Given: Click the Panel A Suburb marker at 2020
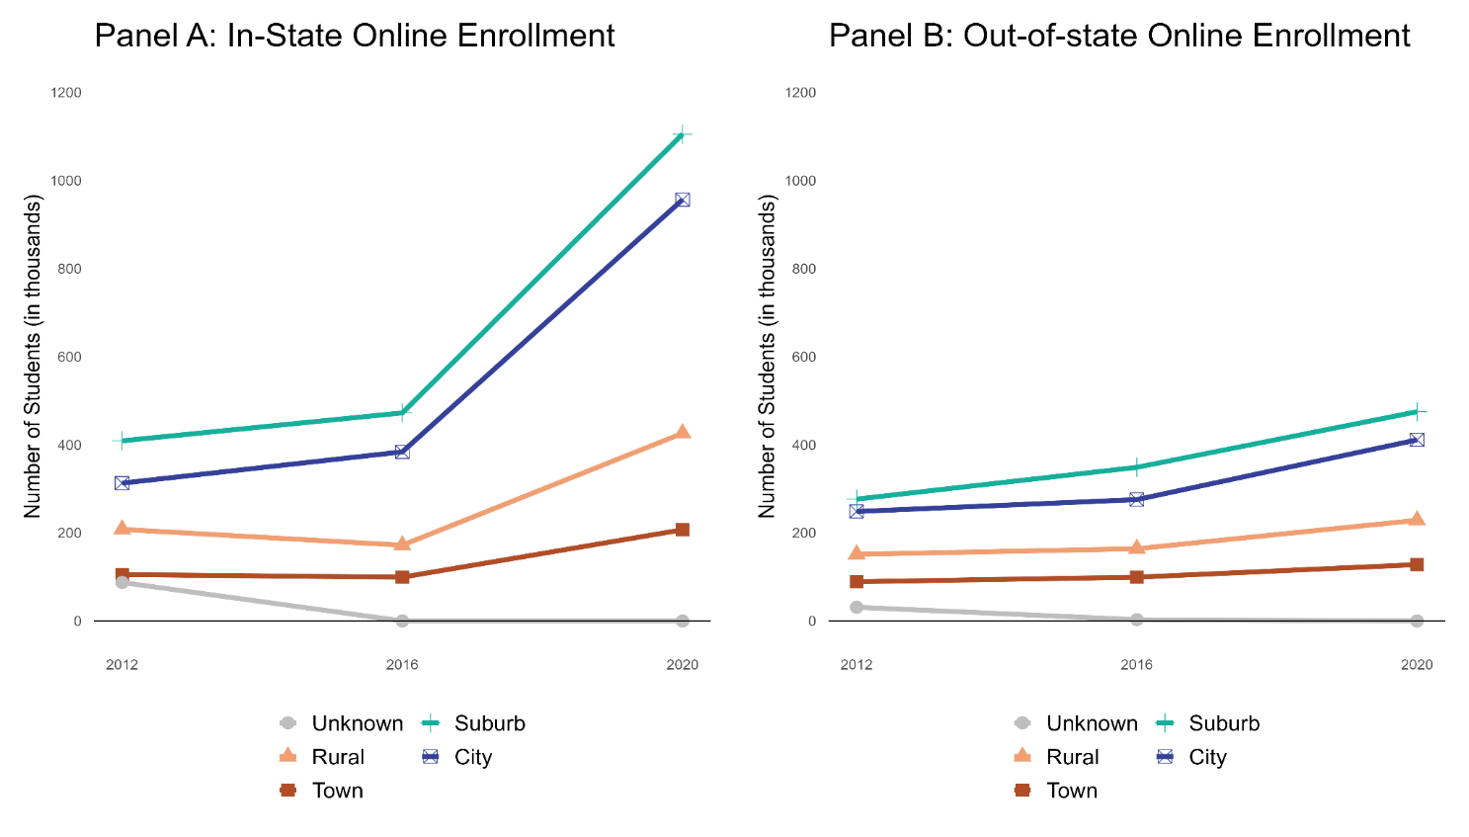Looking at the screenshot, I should pos(682,134).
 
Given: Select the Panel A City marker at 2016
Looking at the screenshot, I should pos(402,452).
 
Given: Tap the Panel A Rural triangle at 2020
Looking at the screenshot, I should pos(682,432).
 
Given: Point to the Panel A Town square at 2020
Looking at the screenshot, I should pos(682,530).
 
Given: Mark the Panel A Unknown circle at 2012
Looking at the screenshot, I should pos(122,582).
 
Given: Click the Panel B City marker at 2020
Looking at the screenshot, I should pos(1416,440).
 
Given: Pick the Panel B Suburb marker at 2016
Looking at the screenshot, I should pos(1136,466).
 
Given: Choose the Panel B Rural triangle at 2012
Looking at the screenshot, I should pos(857,553).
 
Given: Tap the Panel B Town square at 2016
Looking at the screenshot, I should pos(1136,577).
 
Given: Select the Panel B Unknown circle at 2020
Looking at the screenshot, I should pos(1416,621).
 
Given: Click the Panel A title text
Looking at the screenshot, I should pos(355,36).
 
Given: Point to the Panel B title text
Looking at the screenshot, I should pos(1119,36).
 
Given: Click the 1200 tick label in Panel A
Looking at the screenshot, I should pos(66,93).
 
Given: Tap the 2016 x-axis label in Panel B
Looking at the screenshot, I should pos(1136,664).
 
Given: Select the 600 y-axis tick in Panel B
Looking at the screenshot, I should pos(800,357).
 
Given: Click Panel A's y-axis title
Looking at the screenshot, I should pos(33,356).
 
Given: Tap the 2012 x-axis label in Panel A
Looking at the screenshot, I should pos(122,664).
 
